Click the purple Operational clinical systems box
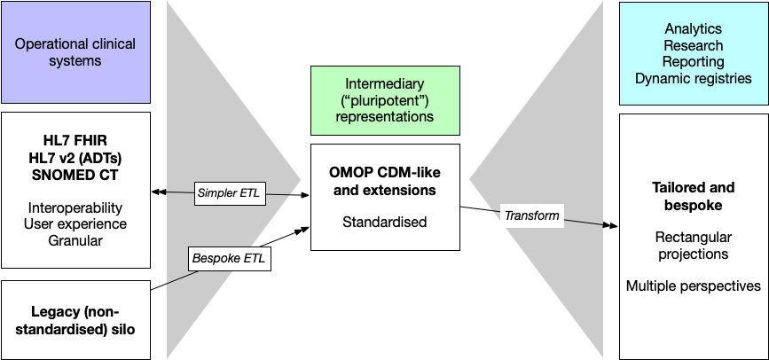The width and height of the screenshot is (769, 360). (x=75, y=52)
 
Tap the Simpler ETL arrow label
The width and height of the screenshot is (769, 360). (x=230, y=192)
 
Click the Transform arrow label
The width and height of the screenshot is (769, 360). (x=531, y=215)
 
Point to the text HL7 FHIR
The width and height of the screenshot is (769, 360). (x=75, y=141)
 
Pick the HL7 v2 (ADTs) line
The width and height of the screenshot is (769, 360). (x=75, y=157)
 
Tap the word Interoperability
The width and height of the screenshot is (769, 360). (x=75, y=207)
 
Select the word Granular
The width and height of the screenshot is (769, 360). (x=75, y=239)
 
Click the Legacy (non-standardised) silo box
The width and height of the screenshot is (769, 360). (x=75, y=320)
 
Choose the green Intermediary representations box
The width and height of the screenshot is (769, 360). (x=384, y=100)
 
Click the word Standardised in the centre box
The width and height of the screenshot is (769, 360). (x=384, y=222)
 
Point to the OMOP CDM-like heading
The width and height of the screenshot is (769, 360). (x=384, y=172)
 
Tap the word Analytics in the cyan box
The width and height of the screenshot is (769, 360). (x=693, y=29)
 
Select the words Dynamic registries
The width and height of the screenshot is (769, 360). (x=693, y=78)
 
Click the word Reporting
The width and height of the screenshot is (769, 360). (x=693, y=62)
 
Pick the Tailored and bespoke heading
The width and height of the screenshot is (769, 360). (x=693, y=195)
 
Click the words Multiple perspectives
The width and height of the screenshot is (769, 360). (x=693, y=286)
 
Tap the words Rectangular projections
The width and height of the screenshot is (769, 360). (x=693, y=246)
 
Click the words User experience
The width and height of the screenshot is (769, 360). (x=75, y=223)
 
